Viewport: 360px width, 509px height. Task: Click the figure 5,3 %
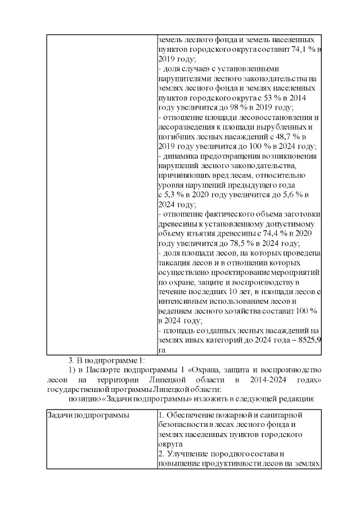(x=173, y=195)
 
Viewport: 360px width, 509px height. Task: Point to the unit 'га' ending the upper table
(x=162, y=350)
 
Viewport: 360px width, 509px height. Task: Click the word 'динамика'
(x=179, y=156)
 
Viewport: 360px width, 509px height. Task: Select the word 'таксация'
(x=174, y=263)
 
